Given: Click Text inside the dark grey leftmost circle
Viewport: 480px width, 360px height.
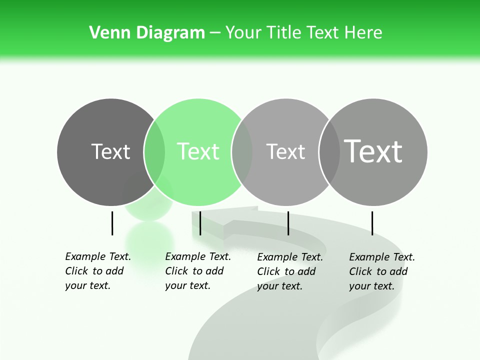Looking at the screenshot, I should coord(110,151).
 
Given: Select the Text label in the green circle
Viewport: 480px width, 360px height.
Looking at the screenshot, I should coord(198,151).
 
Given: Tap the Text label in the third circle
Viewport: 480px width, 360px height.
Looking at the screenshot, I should coord(285,151).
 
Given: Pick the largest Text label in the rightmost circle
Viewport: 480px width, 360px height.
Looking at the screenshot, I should coord(373,151).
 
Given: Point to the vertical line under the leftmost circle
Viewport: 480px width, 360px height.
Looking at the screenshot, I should coord(112,223).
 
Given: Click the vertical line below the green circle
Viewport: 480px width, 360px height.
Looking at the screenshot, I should coord(200,223).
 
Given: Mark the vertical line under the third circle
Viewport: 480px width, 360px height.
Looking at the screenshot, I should coord(288,223).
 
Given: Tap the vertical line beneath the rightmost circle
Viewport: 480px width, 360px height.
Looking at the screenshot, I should coord(372,223).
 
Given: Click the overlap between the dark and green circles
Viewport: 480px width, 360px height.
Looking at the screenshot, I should coord(154,152).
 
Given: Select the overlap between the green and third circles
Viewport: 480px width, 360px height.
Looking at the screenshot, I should coord(242,152).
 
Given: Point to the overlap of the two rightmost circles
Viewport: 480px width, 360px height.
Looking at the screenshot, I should coord(329,152).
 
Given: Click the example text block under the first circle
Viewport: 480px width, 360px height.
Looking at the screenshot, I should coord(98,271).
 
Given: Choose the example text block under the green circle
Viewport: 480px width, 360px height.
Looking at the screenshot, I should coord(198,271).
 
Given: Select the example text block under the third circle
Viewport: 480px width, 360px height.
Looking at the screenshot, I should coord(290,271).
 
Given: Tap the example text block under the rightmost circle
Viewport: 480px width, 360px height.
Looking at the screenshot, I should coord(382,271).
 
